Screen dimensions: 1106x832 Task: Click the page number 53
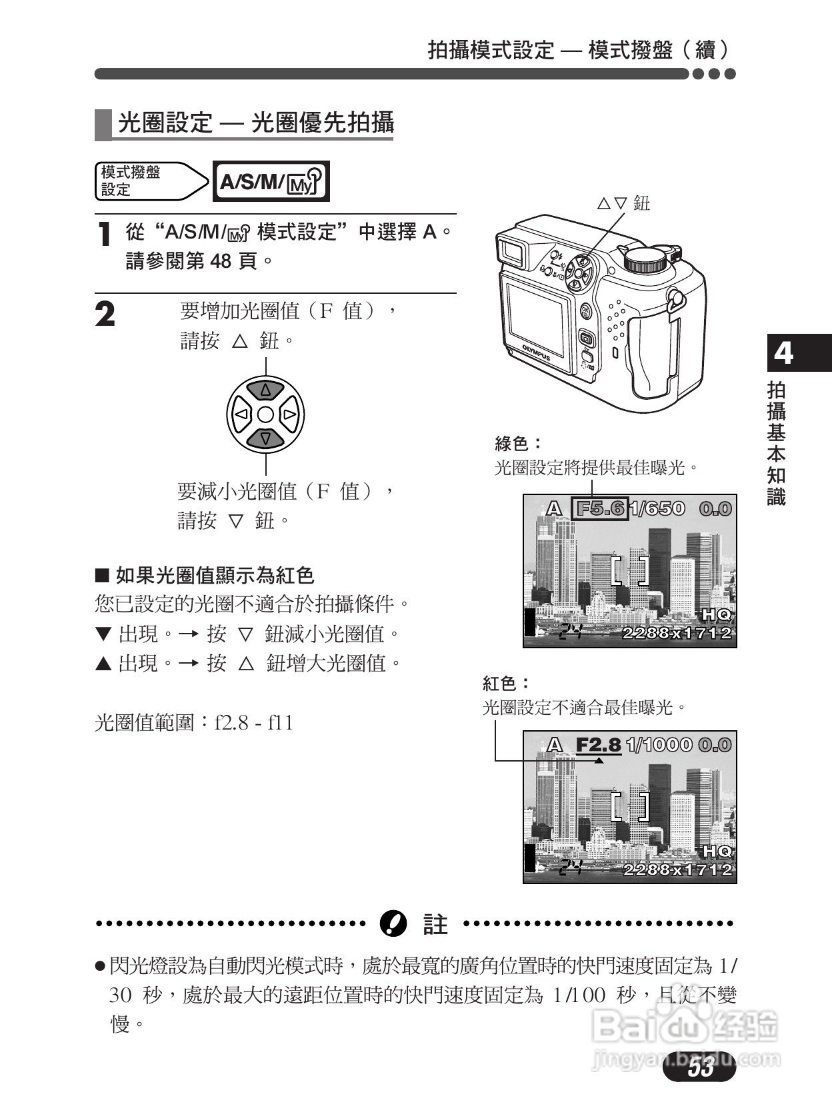click(x=701, y=1068)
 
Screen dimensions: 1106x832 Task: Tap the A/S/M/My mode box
click(x=271, y=181)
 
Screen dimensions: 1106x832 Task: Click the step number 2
click(x=105, y=315)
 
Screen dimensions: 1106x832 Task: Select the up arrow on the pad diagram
click(x=265, y=390)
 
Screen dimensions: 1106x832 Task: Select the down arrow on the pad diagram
click(x=265, y=438)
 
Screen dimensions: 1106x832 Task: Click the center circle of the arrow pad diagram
click(x=265, y=414)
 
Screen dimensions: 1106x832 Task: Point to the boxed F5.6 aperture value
click(x=600, y=509)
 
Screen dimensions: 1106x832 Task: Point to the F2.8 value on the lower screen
click(x=598, y=745)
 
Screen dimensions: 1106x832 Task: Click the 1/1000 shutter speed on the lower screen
click(x=659, y=745)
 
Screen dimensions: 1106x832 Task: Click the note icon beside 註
click(x=393, y=923)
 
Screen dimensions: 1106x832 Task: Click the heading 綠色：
click(x=519, y=444)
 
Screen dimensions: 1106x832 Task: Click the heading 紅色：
click(x=507, y=684)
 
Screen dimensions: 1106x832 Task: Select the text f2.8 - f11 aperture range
click(x=254, y=724)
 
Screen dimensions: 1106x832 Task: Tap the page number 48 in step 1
click(x=220, y=261)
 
